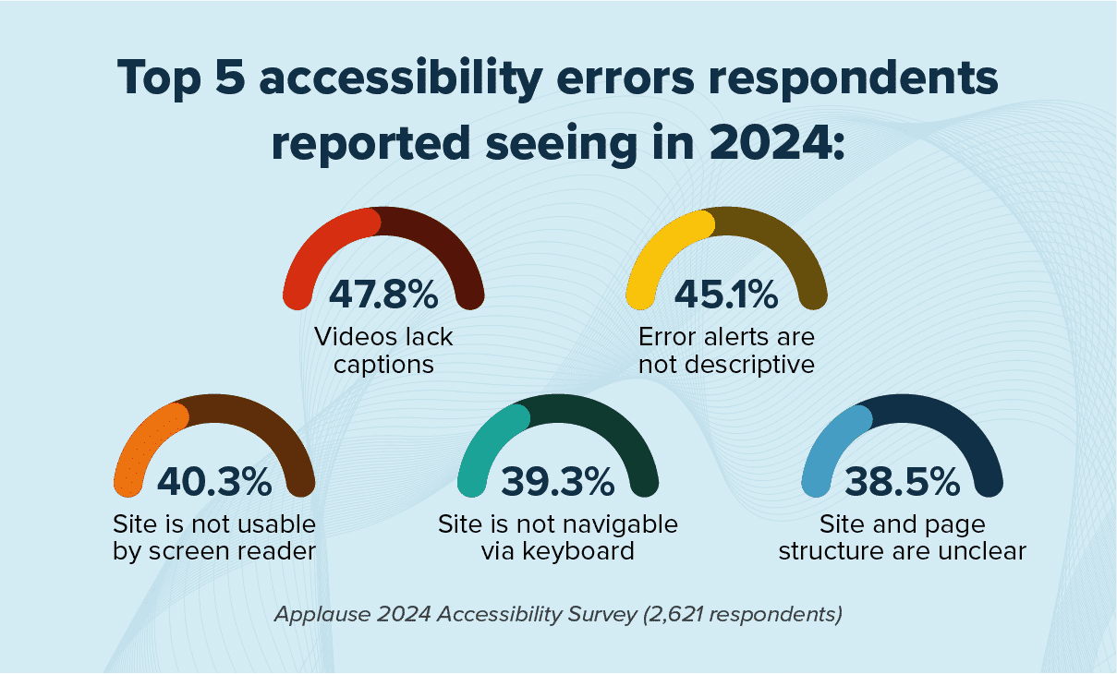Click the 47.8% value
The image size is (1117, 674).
tap(383, 295)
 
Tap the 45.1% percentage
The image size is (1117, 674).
tap(726, 295)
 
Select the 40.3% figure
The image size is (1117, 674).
tap(214, 482)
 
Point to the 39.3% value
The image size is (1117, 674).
tap(558, 482)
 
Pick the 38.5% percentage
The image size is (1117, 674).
tap(903, 482)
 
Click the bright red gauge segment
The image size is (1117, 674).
tap(314, 245)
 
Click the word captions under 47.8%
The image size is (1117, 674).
tap(383, 364)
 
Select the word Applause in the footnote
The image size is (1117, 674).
tap(314, 615)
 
